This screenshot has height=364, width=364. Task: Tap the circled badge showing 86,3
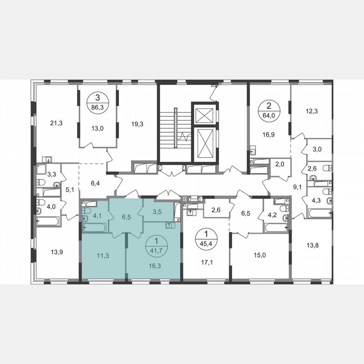click(98, 102)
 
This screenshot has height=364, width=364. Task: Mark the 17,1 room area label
click(205, 262)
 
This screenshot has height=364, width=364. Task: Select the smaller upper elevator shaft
click(203, 114)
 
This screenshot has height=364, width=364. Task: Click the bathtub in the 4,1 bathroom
click(95, 227)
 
